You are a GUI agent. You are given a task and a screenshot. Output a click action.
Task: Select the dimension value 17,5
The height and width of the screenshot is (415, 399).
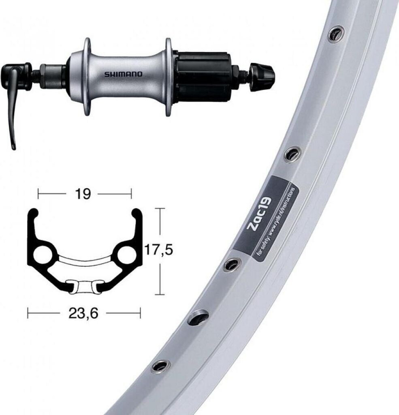coord(159,250)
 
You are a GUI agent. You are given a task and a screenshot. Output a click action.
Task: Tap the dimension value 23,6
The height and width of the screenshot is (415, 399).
coord(84,313)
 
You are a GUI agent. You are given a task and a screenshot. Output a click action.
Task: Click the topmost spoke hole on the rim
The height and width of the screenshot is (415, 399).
coord(336,33)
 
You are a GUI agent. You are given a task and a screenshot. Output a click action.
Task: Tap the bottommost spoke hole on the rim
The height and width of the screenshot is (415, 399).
coord(161,366)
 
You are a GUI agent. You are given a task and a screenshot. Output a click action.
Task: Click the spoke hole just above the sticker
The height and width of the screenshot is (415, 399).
coord(292,153)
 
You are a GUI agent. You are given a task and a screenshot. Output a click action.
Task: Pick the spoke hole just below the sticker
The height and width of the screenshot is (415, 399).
coord(232,264)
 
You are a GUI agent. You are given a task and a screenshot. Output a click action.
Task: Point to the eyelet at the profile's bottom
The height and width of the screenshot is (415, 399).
coord(84,286)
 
